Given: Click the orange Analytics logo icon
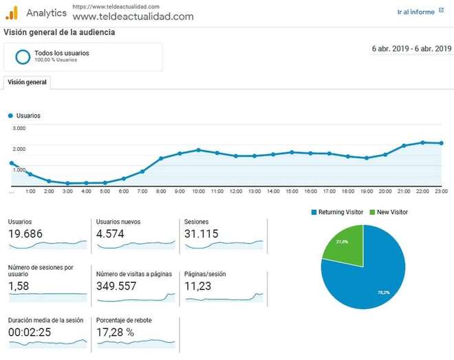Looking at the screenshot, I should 12,12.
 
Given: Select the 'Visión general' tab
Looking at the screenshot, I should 27,82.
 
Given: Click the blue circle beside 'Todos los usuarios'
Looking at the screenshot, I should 23,56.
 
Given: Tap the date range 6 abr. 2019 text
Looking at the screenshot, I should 411,49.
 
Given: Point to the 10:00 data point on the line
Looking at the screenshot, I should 198,149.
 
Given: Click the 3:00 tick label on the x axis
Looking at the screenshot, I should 67,191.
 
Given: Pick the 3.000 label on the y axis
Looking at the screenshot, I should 19,129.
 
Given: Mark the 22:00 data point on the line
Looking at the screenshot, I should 422,142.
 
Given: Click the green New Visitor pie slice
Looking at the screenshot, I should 341,244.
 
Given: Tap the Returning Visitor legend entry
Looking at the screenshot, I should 337,212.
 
